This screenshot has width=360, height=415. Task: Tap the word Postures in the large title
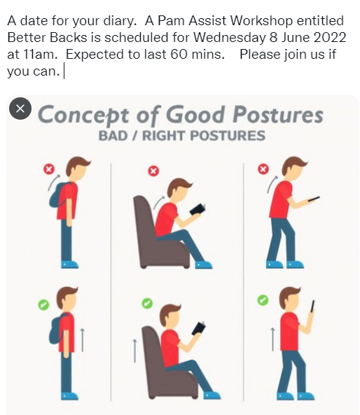[278, 114]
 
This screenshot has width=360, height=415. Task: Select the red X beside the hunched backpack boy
[49, 169]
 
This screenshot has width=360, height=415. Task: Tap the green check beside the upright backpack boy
[43, 304]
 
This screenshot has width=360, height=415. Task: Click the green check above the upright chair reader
[146, 302]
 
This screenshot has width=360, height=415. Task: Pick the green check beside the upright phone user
[262, 300]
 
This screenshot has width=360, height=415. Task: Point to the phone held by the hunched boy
[313, 199]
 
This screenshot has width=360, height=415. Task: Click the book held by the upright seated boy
[200, 328]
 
